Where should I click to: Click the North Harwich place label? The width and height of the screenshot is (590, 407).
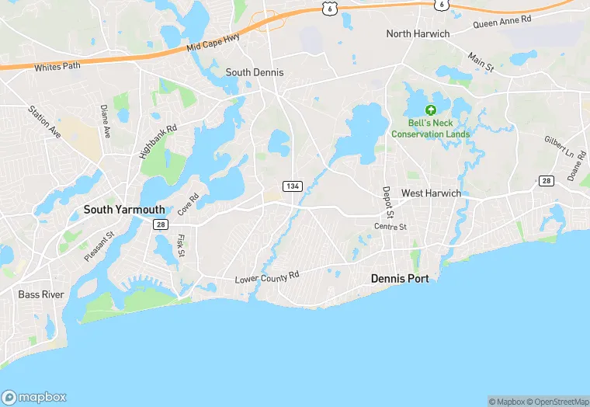(x=418, y=33)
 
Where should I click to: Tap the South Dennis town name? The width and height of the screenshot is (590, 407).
(x=255, y=72)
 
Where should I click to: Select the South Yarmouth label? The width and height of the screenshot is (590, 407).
(x=124, y=209)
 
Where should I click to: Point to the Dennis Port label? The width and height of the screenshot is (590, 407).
(x=400, y=277)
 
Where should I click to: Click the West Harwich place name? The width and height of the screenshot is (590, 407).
(x=431, y=193)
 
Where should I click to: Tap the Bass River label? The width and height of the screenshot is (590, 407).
(x=40, y=294)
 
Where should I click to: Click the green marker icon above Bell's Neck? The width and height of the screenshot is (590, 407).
(x=430, y=110)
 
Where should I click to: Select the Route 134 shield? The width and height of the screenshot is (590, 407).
(x=293, y=186)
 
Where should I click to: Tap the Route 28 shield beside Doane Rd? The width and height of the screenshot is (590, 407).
(x=547, y=180)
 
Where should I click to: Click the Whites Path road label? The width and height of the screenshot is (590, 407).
(x=57, y=67)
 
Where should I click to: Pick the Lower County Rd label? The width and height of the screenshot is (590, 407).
(x=267, y=277)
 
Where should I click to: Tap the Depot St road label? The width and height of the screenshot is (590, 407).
(x=388, y=202)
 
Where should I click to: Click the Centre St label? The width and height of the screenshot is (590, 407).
(x=390, y=227)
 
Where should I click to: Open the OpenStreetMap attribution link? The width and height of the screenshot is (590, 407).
(x=557, y=402)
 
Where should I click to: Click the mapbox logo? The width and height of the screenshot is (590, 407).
(x=34, y=396)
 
